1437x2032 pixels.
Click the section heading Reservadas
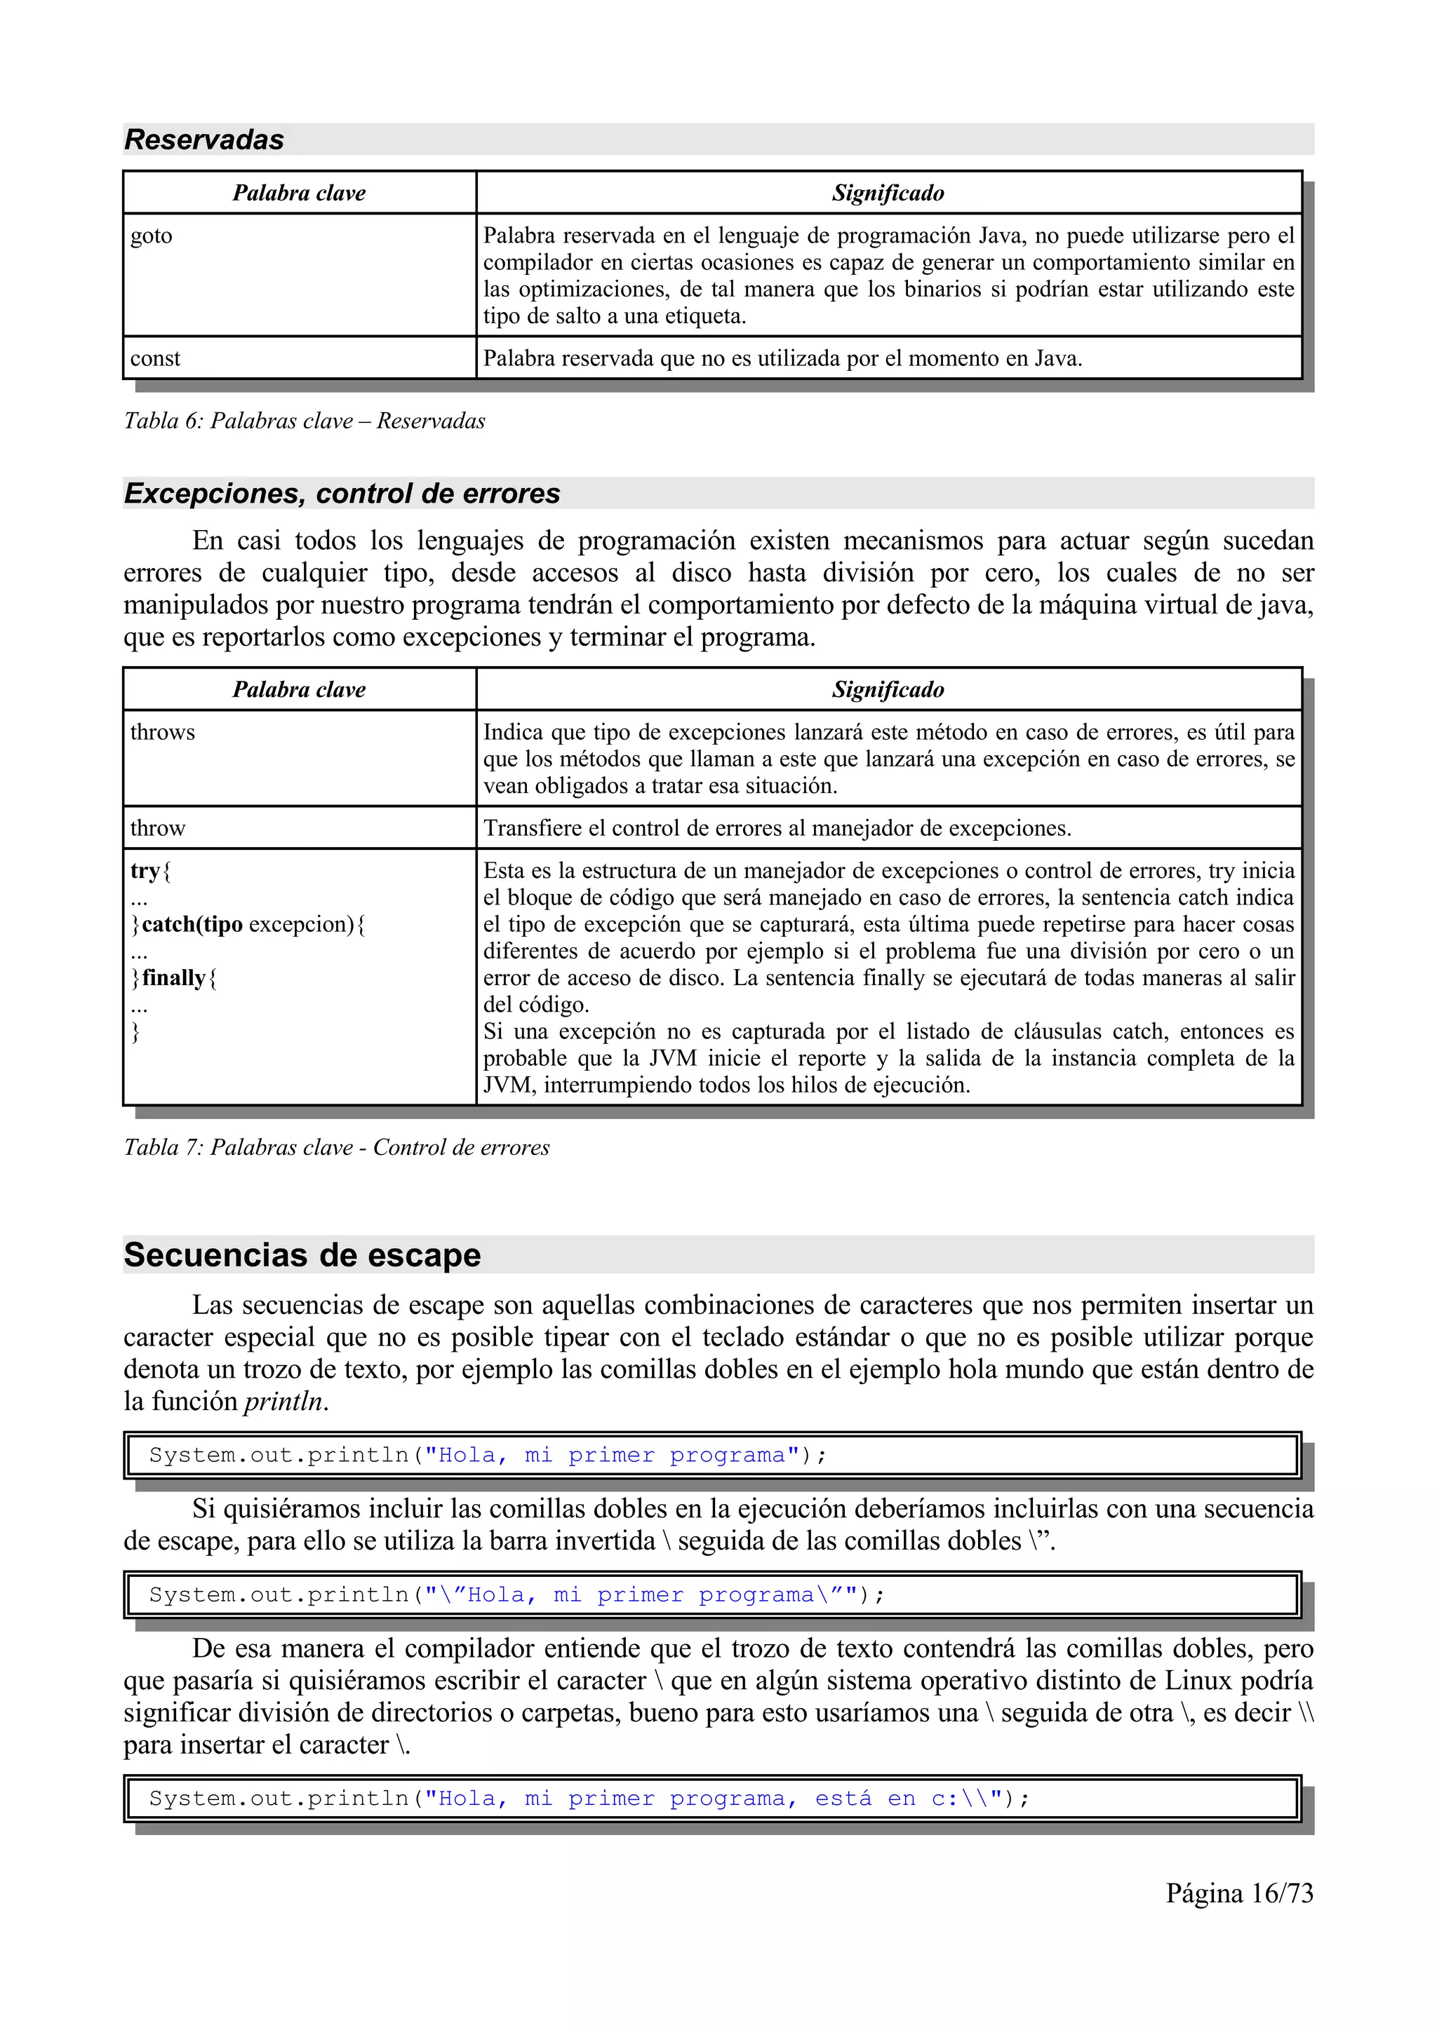[203, 140]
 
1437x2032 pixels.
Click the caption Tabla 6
[304, 421]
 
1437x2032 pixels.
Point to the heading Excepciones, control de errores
[342, 493]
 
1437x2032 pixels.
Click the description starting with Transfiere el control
[777, 827]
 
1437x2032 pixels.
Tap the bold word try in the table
[145, 870]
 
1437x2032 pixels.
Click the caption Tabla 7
[337, 1147]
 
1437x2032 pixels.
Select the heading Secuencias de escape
[302, 1255]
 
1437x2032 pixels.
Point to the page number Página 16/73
[1238, 1893]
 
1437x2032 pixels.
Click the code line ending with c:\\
[589, 1799]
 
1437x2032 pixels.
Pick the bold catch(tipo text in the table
[192, 924]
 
